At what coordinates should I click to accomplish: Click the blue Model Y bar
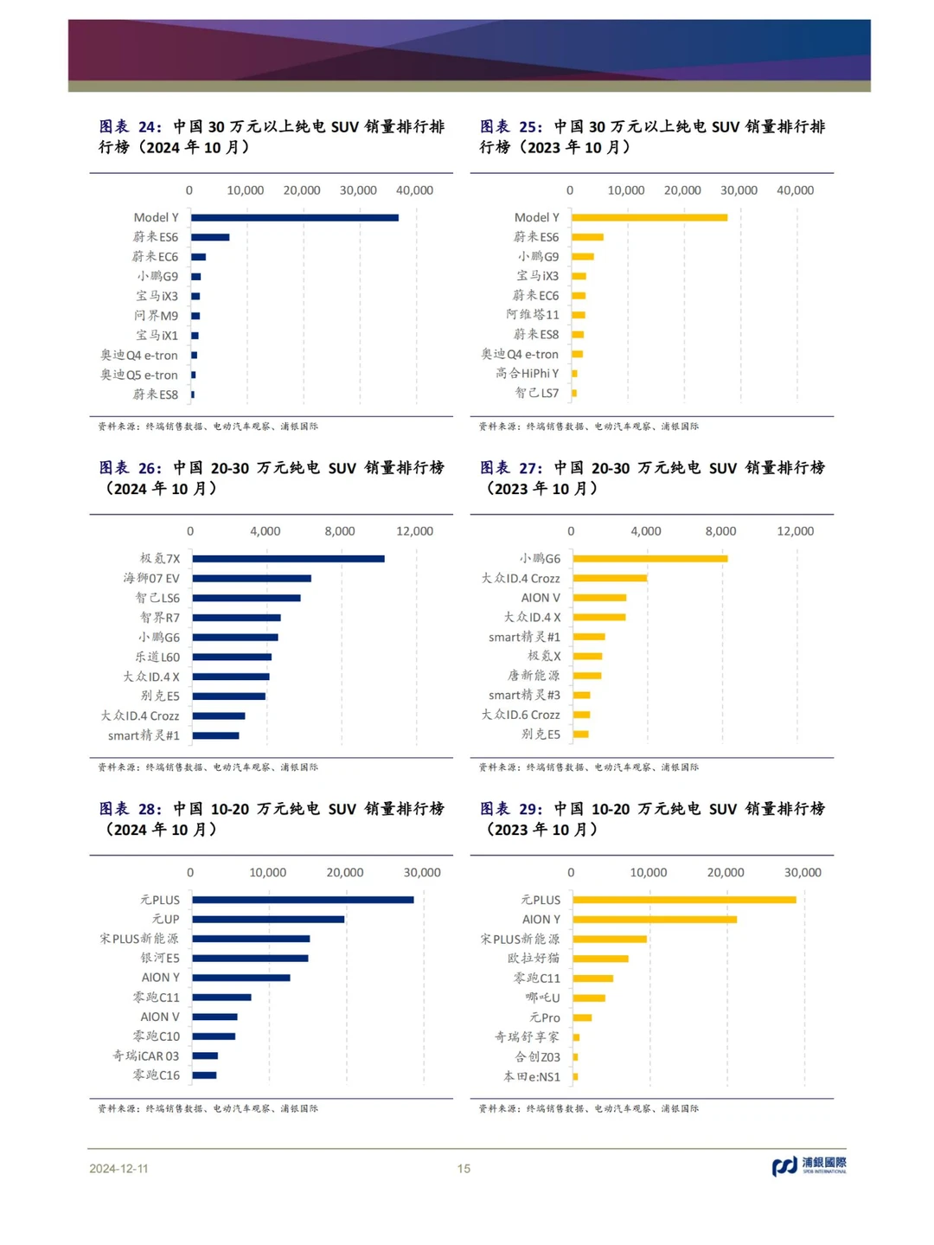295,218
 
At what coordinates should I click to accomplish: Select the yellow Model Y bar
649,218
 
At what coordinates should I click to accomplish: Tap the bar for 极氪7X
289,559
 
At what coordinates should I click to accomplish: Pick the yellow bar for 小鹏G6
650,559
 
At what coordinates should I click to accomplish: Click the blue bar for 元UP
269,920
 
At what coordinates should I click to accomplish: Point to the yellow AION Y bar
656,920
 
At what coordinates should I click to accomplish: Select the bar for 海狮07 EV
252,579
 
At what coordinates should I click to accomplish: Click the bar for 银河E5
251,959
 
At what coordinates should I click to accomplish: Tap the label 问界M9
157,316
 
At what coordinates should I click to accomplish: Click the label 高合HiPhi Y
527,373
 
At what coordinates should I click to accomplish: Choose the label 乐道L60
157,657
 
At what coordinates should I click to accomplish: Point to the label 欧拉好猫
534,959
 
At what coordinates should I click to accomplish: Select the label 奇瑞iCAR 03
145,1056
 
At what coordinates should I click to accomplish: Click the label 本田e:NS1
532,1076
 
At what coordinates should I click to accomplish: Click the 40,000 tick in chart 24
415,190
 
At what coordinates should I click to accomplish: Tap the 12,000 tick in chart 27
796,531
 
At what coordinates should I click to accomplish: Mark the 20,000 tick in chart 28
345,872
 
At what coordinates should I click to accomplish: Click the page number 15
464,1168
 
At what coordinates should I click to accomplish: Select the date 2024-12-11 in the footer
118,1168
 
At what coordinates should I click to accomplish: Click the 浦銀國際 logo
809,1166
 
